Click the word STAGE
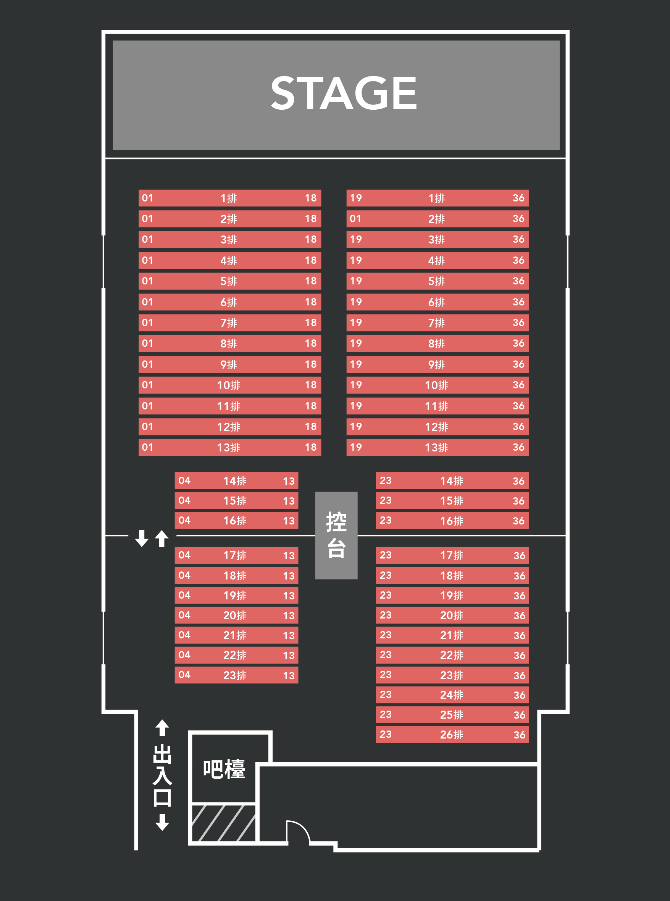[x=344, y=93]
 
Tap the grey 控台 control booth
[x=336, y=535]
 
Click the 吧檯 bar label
[x=224, y=769]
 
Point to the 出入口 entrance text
[x=162, y=775]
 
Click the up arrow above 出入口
[x=162, y=728]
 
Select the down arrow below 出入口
[x=162, y=822]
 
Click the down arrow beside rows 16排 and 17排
[x=142, y=538]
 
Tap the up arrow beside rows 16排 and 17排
[x=162, y=538]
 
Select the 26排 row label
[x=451, y=735]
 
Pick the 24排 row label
[x=451, y=695]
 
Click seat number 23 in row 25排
[x=385, y=714]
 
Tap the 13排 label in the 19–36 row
[x=436, y=448]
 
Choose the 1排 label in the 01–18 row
[x=229, y=198]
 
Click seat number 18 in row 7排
[x=311, y=323]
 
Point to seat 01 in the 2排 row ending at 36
[x=355, y=219]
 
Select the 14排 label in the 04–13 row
[x=235, y=481]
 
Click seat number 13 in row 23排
[x=288, y=675]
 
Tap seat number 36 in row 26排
[x=519, y=735]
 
